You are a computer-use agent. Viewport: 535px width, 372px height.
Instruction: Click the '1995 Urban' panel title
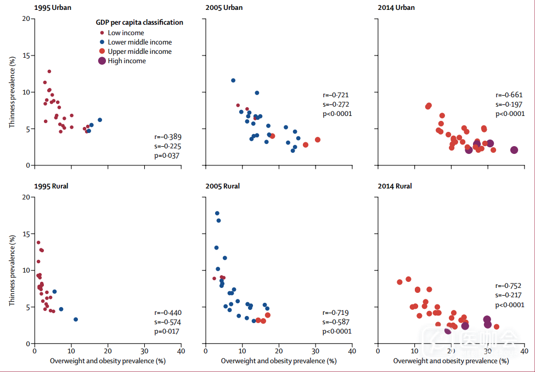click(54, 8)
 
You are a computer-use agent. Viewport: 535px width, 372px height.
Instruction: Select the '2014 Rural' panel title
click(395, 186)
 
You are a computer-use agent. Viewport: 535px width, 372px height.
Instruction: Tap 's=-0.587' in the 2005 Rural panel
click(337, 322)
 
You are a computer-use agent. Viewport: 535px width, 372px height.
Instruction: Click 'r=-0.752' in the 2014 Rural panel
click(508, 286)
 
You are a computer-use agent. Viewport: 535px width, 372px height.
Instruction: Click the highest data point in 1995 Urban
click(49, 71)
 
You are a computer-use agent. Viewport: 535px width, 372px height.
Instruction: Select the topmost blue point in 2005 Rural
click(217, 213)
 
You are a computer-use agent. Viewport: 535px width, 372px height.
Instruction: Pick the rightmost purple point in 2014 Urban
click(514, 150)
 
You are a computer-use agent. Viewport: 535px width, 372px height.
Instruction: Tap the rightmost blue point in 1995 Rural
click(76, 319)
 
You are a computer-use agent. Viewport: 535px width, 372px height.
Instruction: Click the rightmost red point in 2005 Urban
click(317, 140)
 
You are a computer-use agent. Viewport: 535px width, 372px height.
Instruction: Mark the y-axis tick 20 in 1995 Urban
click(26, 19)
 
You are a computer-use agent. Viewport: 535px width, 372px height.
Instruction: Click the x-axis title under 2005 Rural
click(279, 361)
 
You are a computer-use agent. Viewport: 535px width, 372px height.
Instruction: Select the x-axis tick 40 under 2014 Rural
click(524, 351)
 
